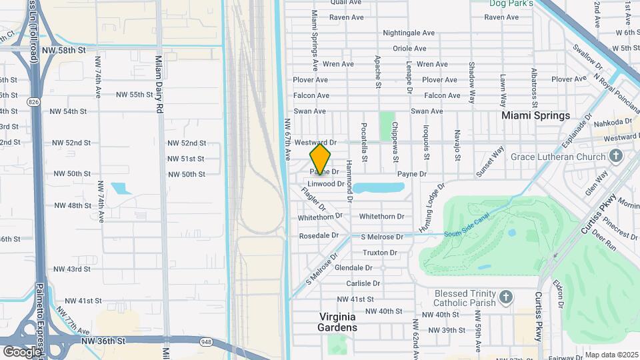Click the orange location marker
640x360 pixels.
(320, 159)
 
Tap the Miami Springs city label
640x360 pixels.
(535, 115)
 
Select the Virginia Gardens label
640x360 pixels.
(338, 322)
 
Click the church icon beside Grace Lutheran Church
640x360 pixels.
(615, 157)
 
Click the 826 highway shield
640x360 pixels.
(33, 101)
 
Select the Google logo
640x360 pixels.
(21, 351)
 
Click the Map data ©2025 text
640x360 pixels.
(611, 355)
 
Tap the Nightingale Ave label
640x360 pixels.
(409, 33)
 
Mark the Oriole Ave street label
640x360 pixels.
(409, 48)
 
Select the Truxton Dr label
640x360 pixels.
(379, 253)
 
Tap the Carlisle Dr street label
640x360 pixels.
(363, 283)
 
